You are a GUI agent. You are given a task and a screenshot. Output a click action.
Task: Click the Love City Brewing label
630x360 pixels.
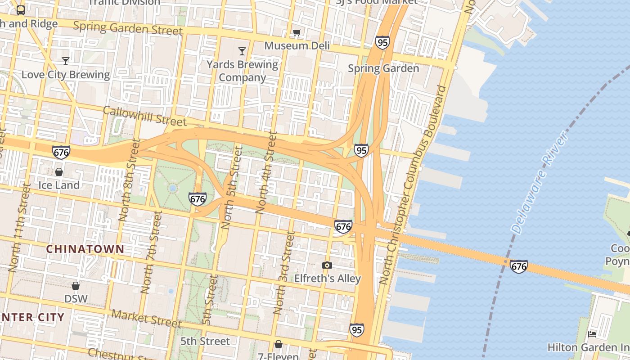click(x=66, y=75)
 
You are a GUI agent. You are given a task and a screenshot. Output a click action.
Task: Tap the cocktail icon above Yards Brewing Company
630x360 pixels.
click(x=242, y=51)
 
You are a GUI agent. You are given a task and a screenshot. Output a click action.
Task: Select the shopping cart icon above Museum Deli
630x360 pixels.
click(x=297, y=32)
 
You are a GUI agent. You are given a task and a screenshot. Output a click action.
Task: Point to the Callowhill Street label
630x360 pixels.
click(x=144, y=116)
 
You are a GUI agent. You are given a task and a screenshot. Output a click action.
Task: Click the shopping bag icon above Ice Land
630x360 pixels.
click(x=59, y=172)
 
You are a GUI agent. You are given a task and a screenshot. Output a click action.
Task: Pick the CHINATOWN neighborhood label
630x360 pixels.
click(x=85, y=249)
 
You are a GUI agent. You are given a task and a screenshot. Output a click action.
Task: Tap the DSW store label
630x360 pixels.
click(x=76, y=298)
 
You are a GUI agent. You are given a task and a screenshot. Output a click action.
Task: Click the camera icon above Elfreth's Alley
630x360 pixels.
click(x=327, y=265)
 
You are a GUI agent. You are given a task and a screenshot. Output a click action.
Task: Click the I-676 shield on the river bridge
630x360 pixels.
click(x=518, y=266)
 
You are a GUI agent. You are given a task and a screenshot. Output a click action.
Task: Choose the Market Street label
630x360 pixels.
click(x=147, y=319)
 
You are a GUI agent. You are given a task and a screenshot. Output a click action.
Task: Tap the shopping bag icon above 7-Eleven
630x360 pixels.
click(x=279, y=345)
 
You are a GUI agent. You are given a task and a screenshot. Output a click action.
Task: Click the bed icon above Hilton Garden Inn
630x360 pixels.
click(x=592, y=334)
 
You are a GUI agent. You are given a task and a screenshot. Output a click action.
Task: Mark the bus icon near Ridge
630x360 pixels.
click(x=21, y=10)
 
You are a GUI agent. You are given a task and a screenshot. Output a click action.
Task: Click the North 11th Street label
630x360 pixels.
click(x=18, y=227)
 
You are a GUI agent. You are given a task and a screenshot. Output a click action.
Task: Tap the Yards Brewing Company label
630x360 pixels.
click(x=242, y=71)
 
